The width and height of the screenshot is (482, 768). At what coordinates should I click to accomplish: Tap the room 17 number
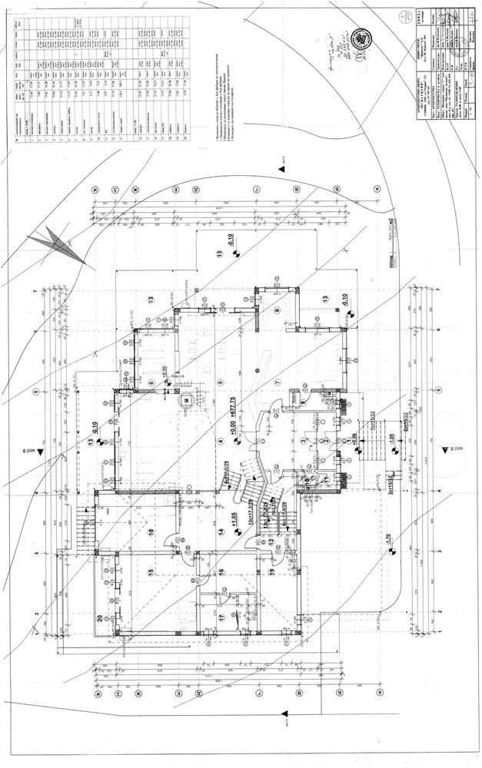(x=221, y=617)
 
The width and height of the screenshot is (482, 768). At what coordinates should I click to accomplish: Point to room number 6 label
(x=151, y=382)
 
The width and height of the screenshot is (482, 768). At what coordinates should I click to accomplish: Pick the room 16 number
(x=221, y=572)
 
